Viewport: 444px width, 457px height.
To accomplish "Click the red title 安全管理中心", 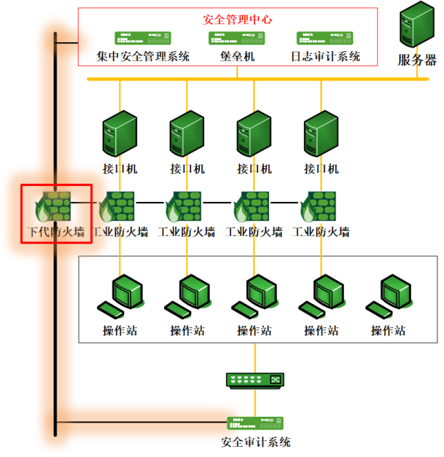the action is click(x=237, y=20).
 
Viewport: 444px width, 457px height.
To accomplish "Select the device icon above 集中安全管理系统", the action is click(x=143, y=38).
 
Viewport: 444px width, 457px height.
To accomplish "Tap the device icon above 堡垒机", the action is click(x=237, y=38).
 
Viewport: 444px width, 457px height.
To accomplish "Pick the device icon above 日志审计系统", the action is click(x=324, y=38).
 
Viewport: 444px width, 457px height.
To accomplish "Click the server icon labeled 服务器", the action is click(x=417, y=24).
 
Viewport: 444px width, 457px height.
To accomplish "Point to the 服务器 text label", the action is click(x=417, y=60).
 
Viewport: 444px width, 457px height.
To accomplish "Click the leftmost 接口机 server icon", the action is click(x=120, y=133).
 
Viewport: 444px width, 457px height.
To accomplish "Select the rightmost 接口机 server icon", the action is click(x=321, y=133).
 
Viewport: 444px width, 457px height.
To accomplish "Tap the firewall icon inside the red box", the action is click(x=52, y=206).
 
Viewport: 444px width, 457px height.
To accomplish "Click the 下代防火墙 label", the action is click(x=56, y=232).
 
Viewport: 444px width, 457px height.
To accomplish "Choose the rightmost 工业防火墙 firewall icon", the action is click(x=318, y=206).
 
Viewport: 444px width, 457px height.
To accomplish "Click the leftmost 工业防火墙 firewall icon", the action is click(x=117, y=206).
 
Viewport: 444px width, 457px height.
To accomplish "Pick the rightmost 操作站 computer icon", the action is click(x=389, y=296).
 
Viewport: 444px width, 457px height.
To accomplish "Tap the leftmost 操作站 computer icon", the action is click(x=121, y=296).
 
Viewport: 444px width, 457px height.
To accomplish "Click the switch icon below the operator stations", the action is click(x=255, y=380).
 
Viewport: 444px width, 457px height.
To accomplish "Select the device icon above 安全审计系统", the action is click(x=255, y=423).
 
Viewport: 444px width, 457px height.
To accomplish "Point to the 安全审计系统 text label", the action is click(x=255, y=442).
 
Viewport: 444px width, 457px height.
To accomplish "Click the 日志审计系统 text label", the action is click(x=325, y=56).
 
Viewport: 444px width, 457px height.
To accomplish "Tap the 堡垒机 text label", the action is click(x=237, y=56).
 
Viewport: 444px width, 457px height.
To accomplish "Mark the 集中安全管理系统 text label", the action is click(x=143, y=56).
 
